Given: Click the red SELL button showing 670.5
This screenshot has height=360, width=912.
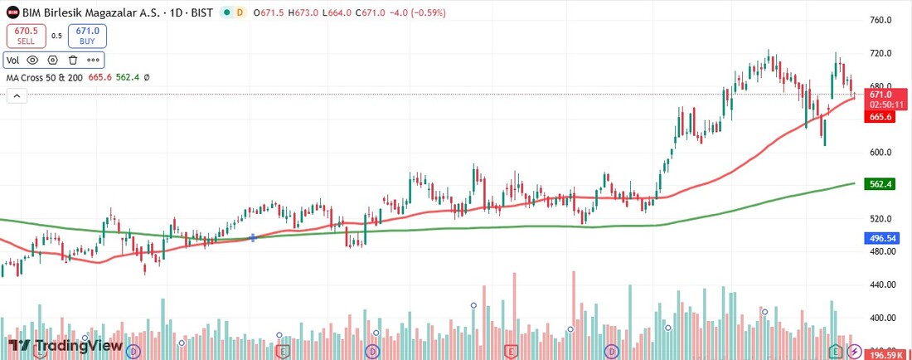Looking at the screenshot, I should click(x=27, y=36).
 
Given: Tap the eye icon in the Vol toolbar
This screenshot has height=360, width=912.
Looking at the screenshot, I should click(x=33, y=60).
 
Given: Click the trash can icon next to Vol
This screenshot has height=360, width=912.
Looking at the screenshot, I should click(x=73, y=60).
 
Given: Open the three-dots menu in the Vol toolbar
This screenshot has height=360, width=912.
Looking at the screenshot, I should click(x=93, y=60).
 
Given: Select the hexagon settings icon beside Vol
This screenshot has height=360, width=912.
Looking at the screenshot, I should click(x=53, y=60).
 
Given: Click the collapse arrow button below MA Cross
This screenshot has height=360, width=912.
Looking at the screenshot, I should click(x=16, y=96).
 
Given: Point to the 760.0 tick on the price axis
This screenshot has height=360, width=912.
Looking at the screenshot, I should click(x=880, y=20).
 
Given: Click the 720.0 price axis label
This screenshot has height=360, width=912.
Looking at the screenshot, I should click(x=880, y=53).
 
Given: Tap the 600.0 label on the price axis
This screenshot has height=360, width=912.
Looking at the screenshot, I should click(x=880, y=153).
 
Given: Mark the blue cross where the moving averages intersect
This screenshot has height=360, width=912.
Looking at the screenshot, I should click(x=253, y=238).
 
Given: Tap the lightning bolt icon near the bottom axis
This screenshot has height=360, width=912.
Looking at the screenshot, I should click(x=853, y=353).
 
